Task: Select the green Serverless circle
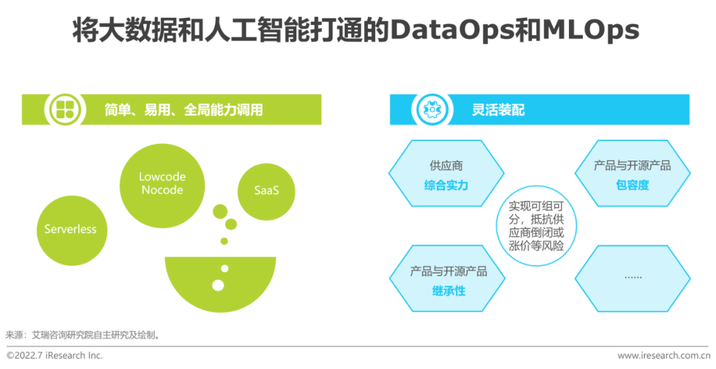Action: (70, 229)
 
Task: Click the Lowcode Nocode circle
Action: (162, 183)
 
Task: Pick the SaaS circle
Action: (267, 190)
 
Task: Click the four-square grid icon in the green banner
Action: (65, 109)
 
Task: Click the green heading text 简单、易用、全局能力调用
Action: (184, 110)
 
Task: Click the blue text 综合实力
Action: (446, 185)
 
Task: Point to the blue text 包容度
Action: (632, 185)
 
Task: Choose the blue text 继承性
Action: (448, 291)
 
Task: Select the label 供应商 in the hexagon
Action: (446, 165)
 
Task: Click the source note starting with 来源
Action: (84, 334)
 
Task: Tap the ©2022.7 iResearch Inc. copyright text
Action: (54, 356)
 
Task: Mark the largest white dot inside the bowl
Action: (218, 285)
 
